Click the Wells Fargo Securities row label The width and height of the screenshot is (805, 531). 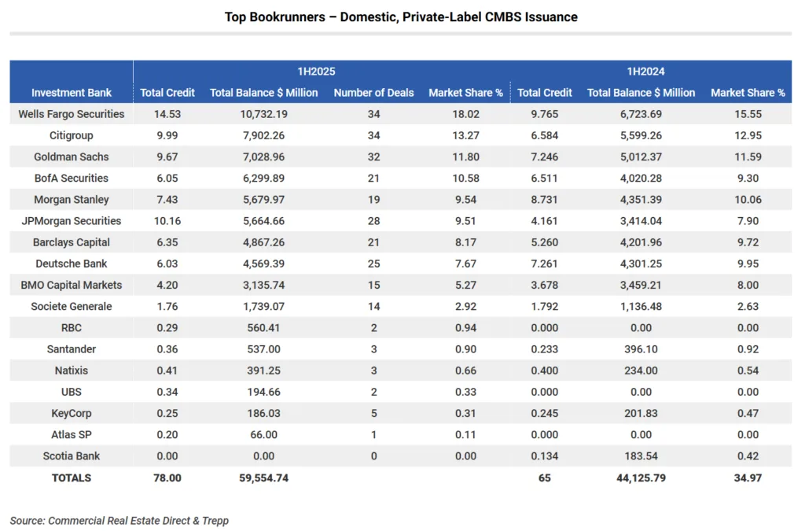point(72,114)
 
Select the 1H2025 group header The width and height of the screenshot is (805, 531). point(321,71)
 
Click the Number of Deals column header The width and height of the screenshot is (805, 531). point(373,93)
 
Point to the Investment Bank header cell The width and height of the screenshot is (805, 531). point(72,93)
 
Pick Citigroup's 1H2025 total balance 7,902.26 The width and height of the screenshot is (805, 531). point(263,135)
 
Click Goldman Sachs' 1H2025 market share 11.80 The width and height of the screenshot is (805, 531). point(465,157)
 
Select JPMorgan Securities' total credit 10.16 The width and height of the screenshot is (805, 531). point(167,221)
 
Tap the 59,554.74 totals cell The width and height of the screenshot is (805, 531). point(263,478)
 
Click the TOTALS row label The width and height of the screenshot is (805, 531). point(72,478)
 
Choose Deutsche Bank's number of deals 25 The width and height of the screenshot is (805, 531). point(373,264)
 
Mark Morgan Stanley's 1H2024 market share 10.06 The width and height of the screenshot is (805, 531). point(748,200)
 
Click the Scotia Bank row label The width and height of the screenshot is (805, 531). point(72,456)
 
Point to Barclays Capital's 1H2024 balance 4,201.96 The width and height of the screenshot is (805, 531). point(641,242)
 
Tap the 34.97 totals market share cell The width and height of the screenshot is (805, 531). point(748,478)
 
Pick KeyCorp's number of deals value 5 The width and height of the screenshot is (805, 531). point(373,413)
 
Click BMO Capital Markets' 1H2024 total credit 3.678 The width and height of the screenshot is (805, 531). point(545,285)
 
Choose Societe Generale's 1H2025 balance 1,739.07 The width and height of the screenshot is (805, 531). point(263,306)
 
